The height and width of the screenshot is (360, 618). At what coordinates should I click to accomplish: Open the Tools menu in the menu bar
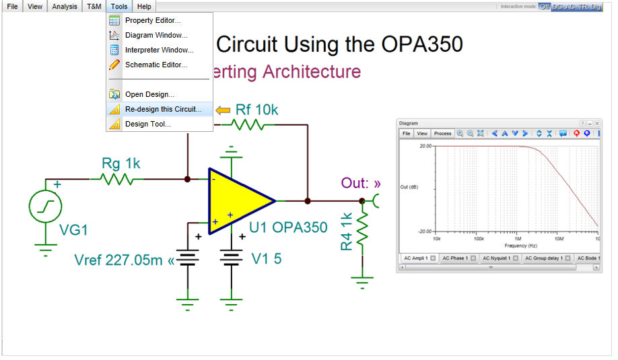pos(119,6)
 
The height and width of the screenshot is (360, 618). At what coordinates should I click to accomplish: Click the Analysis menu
pos(65,6)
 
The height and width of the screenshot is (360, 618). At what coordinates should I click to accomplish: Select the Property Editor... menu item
pos(152,20)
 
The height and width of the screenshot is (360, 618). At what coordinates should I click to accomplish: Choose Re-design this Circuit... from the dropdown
pos(163,109)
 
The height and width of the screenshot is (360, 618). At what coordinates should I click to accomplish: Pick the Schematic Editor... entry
pos(156,65)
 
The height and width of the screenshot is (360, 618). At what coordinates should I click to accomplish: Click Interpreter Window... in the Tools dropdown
pos(159,50)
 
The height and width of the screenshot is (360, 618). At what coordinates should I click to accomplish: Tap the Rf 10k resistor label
pos(256,110)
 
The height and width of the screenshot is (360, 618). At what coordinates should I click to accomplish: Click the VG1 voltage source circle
pos(46,207)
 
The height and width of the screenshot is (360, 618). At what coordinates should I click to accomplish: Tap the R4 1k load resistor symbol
pos(362,230)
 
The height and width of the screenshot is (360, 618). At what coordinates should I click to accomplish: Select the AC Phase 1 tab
pos(454,258)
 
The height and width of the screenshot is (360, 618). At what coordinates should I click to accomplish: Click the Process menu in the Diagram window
pos(442,133)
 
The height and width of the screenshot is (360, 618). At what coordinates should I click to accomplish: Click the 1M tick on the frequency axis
pos(518,238)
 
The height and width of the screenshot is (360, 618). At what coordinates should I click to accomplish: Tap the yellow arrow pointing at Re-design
pos(222,110)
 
